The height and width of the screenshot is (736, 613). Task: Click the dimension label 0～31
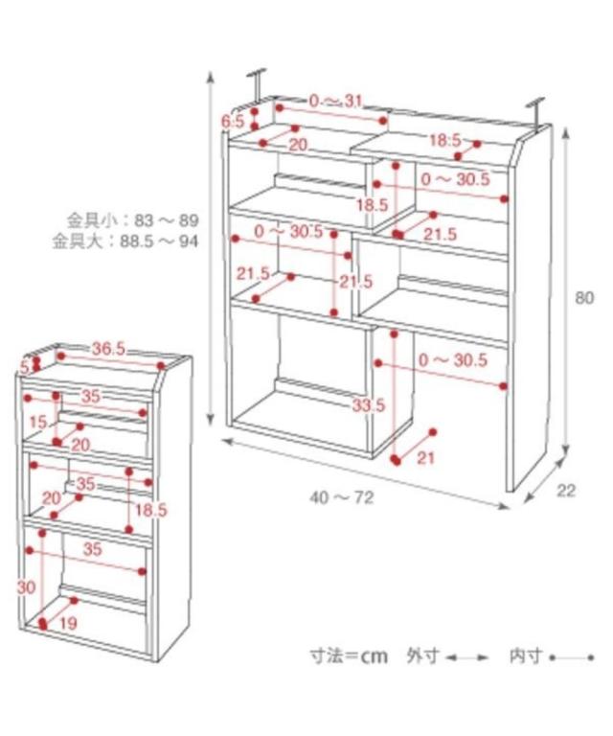point(336,102)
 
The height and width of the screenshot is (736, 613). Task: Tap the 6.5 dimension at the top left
point(233,122)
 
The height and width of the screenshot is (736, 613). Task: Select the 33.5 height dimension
point(368,405)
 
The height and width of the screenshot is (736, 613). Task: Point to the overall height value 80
point(585,298)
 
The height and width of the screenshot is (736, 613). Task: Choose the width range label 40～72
point(342,497)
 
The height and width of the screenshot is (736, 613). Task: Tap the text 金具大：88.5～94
point(125,241)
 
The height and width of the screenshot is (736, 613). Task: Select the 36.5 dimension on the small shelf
point(108,349)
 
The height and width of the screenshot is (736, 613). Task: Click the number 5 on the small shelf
point(25,367)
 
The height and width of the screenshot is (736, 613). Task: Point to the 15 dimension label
point(37,423)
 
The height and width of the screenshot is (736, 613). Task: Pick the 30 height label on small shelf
point(26,586)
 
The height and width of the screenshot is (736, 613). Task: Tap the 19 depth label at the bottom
point(68,623)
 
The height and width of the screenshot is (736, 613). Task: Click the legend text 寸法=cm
point(349,656)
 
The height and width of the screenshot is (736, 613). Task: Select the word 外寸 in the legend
point(421,656)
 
